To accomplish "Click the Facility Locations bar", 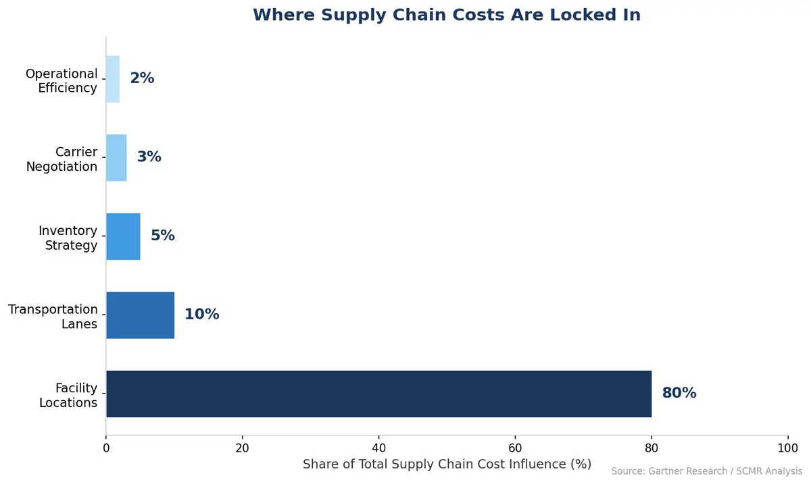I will point(378,394).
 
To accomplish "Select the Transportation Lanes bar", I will point(140,315).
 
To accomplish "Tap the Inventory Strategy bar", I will point(123,236).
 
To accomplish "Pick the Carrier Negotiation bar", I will point(116,157).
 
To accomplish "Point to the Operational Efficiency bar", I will point(113,79).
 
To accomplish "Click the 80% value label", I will point(679,394).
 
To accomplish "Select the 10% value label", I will point(201,315).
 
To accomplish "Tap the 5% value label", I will point(162,236).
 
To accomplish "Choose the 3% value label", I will point(149,157).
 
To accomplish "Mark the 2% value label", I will point(142,79).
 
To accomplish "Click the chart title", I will point(446,16).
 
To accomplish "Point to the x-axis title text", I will point(446,464).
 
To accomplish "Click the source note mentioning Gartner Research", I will point(706,472).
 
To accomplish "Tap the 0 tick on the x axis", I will point(106,448).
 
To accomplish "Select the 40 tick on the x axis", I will point(378,448).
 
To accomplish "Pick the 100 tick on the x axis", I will point(787,448).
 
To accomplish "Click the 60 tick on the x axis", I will point(515,448).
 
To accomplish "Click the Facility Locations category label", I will point(68,396).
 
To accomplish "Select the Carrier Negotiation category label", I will point(62,159).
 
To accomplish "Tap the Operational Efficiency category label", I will point(62,81).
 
